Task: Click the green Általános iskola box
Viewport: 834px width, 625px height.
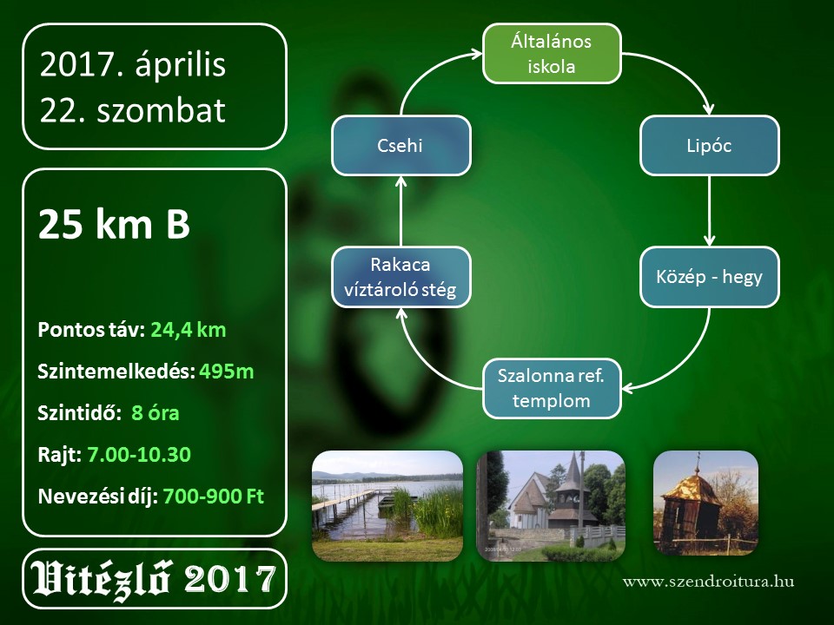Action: pyautogui.click(x=552, y=54)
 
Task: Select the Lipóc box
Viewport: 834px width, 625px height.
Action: pyautogui.click(x=709, y=146)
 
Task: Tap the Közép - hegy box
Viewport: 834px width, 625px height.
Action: pyautogui.click(x=709, y=277)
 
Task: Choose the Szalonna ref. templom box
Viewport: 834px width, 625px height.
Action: pyautogui.click(x=552, y=389)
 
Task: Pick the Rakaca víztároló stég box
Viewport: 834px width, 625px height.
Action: pyautogui.click(x=401, y=277)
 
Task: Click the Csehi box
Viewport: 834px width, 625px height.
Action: pyautogui.click(x=401, y=146)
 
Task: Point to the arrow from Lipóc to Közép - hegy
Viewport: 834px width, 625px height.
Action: pyautogui.click(x=709, y=211)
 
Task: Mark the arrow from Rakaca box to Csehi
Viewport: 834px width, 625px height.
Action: pyautogui.click(x=401, y=211)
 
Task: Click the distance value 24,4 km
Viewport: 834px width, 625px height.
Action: pyautogui.click(x=189, y=330)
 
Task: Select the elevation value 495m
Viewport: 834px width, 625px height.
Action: pyautogui.click(x=227, y=372)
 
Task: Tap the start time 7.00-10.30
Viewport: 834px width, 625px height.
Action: pyautogui.click(x=139, y=455)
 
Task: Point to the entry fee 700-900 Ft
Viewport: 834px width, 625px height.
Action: pyautogui.click(x=214, y=497)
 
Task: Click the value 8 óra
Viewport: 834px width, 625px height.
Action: pyautogui.click(x=156, y=413)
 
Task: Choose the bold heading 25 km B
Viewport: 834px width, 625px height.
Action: pyautogui.click(x=115, y=224)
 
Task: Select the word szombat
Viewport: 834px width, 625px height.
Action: pyautogui.click(x=162, y=110)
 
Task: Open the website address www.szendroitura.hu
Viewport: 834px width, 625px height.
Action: pyautogui.click(x=709, y=582)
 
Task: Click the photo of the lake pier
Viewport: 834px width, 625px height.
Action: pyautogui.click(x=387, y=506)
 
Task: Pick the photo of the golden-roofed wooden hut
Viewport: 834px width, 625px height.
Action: pyautogui.click(x=705, y=503)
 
